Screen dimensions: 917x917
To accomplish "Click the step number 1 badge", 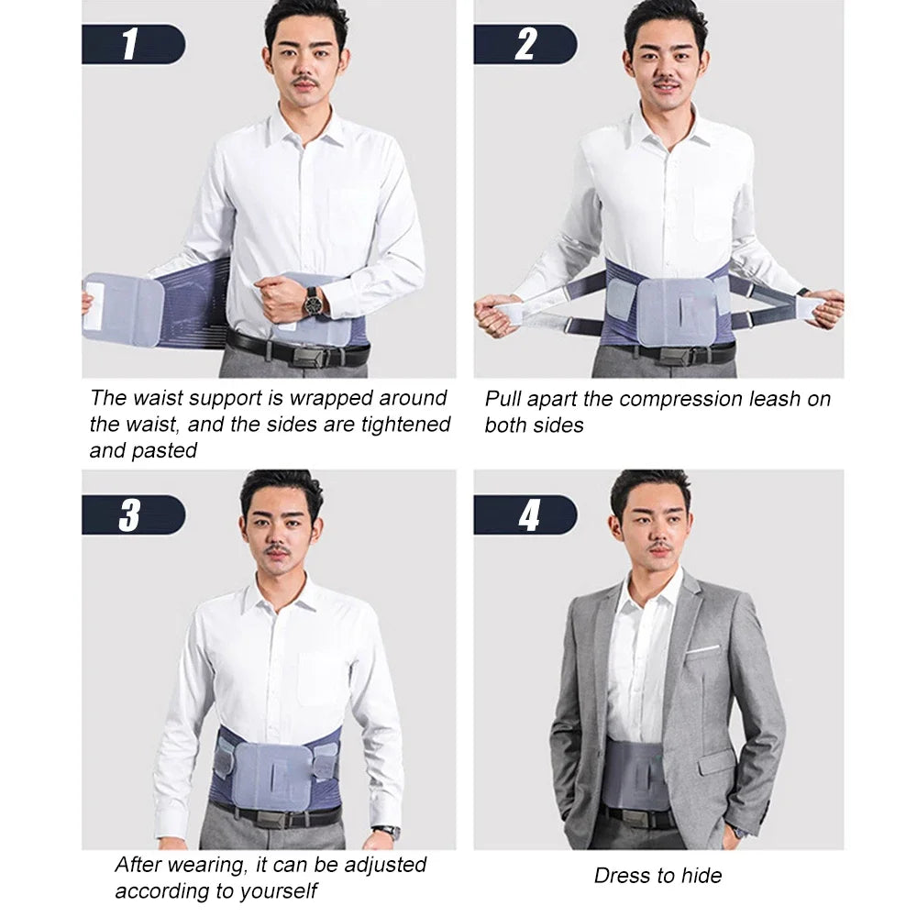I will click(133, 44).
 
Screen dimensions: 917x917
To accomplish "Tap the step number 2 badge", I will click(525, 44).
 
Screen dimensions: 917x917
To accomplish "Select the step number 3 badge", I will click(133, 514).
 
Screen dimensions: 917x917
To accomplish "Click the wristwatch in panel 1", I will click(315, 300).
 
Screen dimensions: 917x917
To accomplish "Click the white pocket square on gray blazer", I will click(703, 649).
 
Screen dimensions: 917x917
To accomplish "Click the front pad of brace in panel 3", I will click(272, 776).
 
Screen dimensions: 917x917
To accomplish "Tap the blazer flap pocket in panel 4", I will click(716, 760).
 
